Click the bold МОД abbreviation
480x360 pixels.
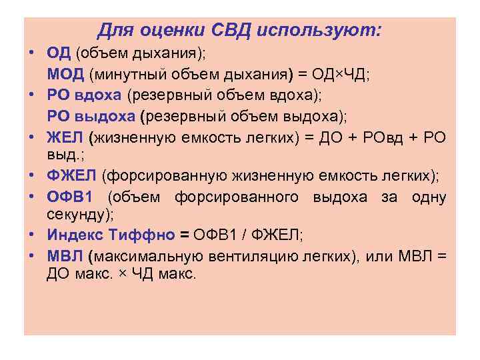tap(64, 75)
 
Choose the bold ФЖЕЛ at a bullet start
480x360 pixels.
tap(72, 175)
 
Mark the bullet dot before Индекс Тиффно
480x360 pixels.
tap(33, 235)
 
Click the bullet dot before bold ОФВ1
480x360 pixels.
tap(33, 197)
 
